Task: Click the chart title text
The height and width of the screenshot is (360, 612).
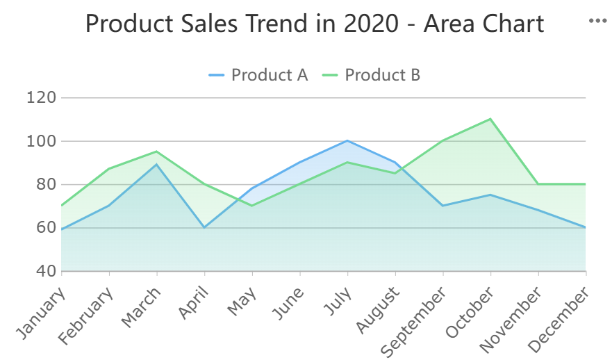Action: (x=314, y=24)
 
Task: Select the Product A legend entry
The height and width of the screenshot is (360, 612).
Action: (x=258, y=74)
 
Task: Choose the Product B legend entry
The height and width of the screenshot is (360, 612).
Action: (x=372, y=74)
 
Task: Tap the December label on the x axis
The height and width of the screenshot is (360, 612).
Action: (x=560, y=320)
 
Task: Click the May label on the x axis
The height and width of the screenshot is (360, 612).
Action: (x=242, y=303)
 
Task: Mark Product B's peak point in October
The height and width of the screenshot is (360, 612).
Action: (x=490, y=119)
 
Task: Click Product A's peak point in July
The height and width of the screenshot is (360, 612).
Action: (x=347, y=141)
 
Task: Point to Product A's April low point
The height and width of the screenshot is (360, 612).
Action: (x=204, y=227)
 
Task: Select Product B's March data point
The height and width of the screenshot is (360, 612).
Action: (x=157, y=152)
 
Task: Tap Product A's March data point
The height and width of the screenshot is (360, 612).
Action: (x=157, y=165)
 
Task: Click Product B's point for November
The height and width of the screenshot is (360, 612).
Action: (x=538, y=184)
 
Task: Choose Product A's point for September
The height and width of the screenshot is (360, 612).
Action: (x=443, y=206)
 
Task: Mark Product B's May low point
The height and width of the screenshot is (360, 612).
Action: (x=252, y=206)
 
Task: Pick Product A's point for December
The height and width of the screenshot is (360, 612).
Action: (x=586, y=227)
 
